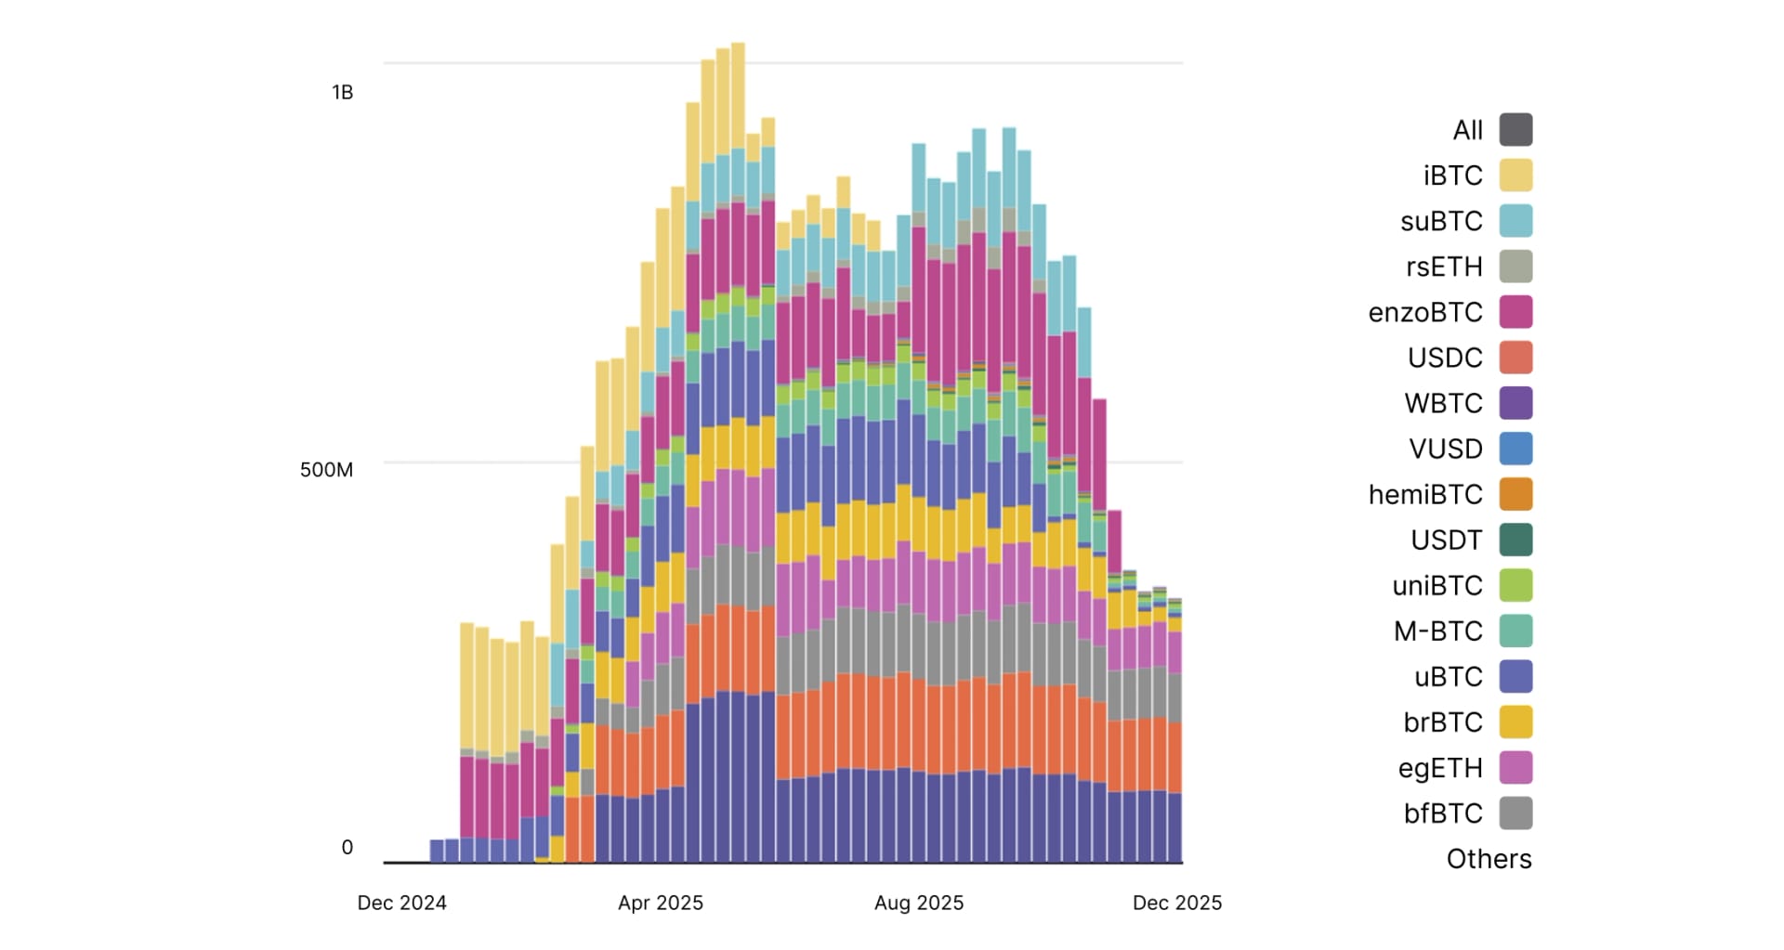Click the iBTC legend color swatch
(x=1515, y=176)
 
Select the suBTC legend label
(x=1441, y=221)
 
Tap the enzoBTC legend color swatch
(x=1515, y=312)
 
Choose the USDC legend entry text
(x=1445, y=358)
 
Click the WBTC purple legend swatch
(x=1515, y=403)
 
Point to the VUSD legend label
(x=1446, y=449)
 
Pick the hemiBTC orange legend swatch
(x=1515, y=494)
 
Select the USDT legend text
(x=1446, y=540)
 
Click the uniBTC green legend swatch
(x=1515, y=585)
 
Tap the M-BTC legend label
(x=1437, y=631)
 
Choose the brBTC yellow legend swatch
(x=1515, y=722)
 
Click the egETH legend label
(x=1439, y=768)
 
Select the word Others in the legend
(x=1489, y=859)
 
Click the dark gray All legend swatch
(x=1515, y=130)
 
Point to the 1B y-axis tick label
(x=342, y=92)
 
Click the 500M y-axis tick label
(x=326, y=470)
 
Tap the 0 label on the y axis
(x=348, y=847)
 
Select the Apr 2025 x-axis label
(x=661, y=903)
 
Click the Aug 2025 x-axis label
(x=919, y=903)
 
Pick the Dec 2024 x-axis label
(x=401, y=903)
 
